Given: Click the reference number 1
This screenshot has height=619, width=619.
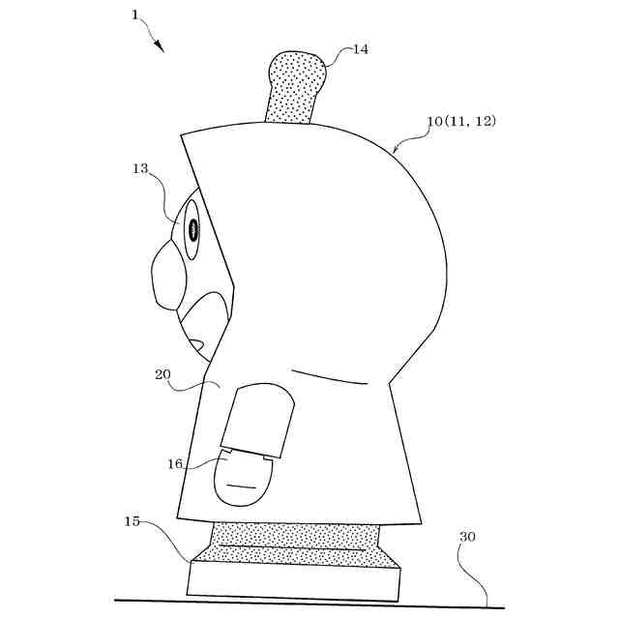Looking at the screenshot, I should point(135,15).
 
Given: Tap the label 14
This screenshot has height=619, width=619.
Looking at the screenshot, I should point(360,48).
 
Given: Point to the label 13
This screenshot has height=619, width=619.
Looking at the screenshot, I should point(140,168).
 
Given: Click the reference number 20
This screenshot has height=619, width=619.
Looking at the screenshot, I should point(162,373).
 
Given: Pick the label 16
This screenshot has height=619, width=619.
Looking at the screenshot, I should point(175,463).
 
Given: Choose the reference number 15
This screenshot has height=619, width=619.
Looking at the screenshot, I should point(133,521).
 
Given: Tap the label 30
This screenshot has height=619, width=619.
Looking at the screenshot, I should point(467,536).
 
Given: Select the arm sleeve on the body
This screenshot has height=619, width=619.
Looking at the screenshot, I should point(259,419).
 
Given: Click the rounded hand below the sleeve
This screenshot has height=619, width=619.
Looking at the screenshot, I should point(241,480).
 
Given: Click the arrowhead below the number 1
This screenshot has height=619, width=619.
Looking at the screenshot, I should point(160,47).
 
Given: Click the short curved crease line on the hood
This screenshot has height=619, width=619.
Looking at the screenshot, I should point(329,377).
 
